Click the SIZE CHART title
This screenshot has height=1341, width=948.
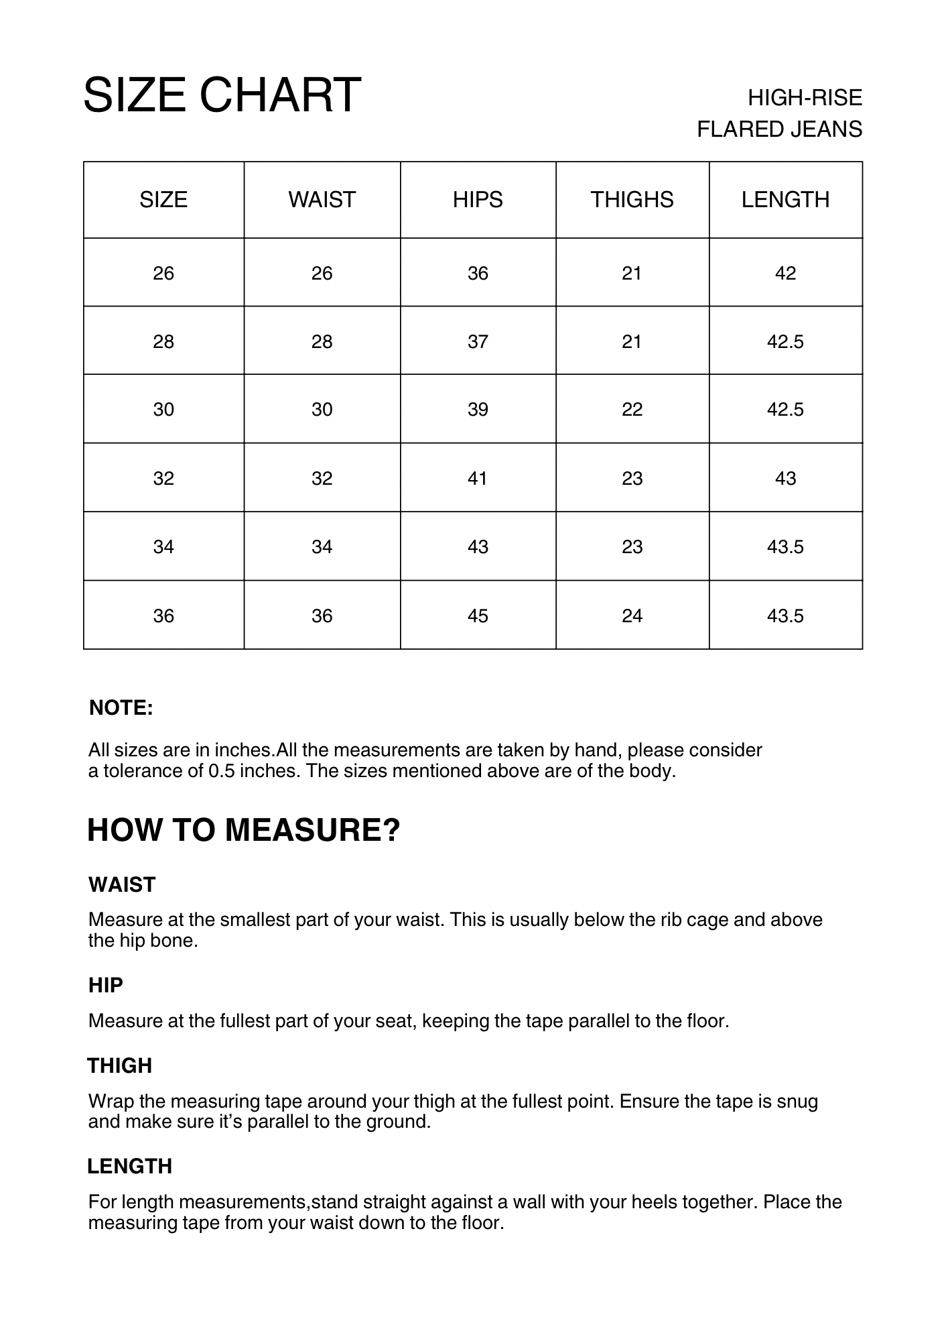222,95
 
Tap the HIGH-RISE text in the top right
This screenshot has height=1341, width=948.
805,98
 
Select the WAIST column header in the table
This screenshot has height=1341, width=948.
322,200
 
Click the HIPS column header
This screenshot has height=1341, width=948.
478,200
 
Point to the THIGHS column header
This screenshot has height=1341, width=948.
632,200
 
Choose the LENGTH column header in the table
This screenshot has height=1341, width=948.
785,200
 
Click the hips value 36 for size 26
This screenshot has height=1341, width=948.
478,274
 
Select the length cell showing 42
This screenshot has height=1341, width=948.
785,274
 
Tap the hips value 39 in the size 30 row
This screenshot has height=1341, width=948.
478,410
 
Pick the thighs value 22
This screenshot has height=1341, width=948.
632,410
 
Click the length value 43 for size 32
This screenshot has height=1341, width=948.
785,479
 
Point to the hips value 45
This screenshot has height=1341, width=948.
478,616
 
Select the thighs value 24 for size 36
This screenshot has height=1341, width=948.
632,616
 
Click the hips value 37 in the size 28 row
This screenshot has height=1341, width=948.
478,342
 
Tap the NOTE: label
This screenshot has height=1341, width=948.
121,708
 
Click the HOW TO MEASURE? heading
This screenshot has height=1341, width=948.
244,830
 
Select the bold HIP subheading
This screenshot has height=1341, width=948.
106,986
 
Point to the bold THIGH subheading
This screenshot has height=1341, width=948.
120,1066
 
